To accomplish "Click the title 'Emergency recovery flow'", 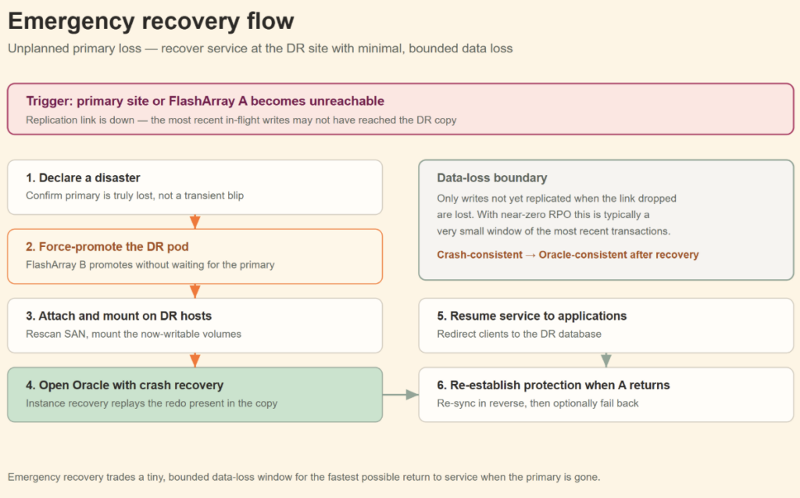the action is pyautogui.click(x=151, y=21).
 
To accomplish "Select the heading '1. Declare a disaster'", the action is pyautogui.click(x=83, y=177).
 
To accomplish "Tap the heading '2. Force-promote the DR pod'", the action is pyautogui.click(x=107, y=247).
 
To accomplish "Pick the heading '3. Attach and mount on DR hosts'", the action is pyautogui.click(x=119, y=316).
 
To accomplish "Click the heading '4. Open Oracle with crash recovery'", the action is pyautogui.click(x=124, y=385).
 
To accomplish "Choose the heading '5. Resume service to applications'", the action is pyautogui.click(x=531, y=316).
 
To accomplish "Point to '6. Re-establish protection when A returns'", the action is pyautogui.click(x=554, y=385).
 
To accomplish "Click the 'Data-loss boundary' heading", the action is pyautogui.click(x=492, y=177).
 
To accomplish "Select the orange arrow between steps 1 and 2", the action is pyautogui.click(x=195, y=222).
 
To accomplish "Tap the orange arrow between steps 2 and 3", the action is pyautogui.click(x=195, y=291).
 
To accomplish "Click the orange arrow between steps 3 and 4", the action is pyautogui.click(x=195, y=360).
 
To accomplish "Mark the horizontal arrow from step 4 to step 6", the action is pyautogui.click(x=401, y=394).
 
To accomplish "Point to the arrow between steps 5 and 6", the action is pyautogui.click(x=606, y=360).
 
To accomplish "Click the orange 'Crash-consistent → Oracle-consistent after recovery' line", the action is pyautogui.click(x=568, y=255).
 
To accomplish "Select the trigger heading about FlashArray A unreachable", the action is pyautogui.click(x=205, y=101).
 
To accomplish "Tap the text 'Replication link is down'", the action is pyautogui.click(x=80, y=120).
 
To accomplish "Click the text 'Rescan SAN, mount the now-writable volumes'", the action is pyautogui.click(x=134, y=334).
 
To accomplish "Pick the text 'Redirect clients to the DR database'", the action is pyautogui.click(x=519, y=334).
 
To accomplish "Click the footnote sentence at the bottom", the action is pyautogui.click(x=304, y=477).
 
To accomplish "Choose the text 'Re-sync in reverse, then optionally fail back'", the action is pyautogui.click(x=537, y=403).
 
